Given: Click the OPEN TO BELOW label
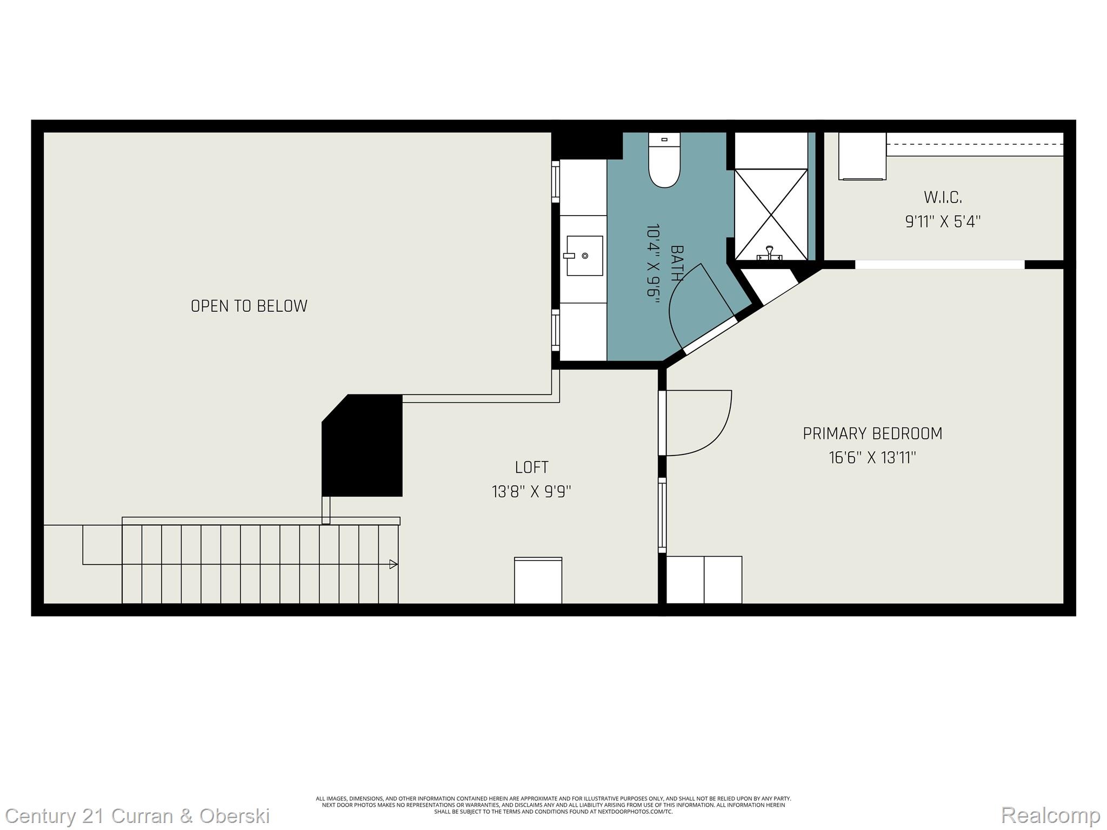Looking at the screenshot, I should click(x=249, y=306).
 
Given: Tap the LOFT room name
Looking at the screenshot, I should click(x=531, y=467).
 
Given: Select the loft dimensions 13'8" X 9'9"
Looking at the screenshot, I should click(x=531, y=492).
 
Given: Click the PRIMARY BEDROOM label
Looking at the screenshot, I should click(x=872, y=434).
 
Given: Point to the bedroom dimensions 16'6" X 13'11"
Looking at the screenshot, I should click(x=872, y=458).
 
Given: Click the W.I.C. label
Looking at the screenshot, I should click(x=943, y=198).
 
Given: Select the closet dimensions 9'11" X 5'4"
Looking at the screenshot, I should click(x=943, y=222).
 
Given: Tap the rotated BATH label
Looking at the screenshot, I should click(x=676, y=263).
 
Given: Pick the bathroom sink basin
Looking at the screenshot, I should click(x=584, y=256).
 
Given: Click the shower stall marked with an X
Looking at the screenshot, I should click(x=771, y=214).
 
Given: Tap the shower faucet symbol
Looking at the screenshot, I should click(x=769, y=253).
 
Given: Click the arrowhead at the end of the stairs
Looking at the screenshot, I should click(x=394, y=564).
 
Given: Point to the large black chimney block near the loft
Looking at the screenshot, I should click(x=362, y=446).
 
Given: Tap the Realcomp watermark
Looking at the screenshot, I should click(x=1050, y=815).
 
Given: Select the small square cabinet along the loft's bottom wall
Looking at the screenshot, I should click(x=538, y=580).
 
